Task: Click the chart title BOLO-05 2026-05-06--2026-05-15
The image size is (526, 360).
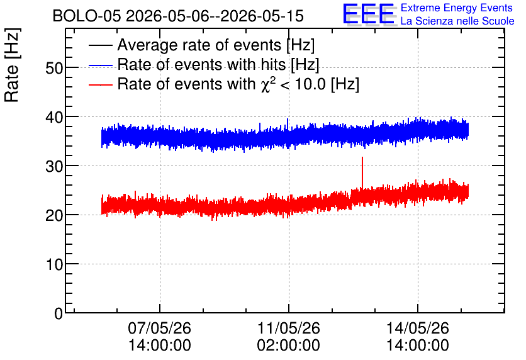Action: tap(178, 16)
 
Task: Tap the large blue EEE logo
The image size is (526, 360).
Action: tap(369, 14)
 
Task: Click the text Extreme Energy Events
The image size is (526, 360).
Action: tap(457, 8)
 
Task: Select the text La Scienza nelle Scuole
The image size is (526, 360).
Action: tap(457, 21)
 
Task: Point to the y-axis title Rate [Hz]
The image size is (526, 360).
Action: tap(12, 65)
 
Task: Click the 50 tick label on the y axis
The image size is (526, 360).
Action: tap(54, 68)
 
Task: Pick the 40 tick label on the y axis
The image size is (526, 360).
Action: tap(54, 117)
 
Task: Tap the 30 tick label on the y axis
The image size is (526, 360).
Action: tap(54, 166)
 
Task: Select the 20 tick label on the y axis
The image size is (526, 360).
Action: tap(54, 215)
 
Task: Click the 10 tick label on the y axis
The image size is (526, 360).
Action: tap(54, 264)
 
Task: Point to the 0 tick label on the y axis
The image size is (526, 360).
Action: tap(59, 313)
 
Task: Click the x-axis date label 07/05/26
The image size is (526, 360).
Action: tap(159, 328)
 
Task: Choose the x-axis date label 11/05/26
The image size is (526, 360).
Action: tap(289, 328)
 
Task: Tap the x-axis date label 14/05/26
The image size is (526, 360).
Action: tap(418, 328)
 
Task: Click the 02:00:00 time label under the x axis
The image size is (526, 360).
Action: tap(289, 345)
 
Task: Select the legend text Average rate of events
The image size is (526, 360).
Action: tap(199, 45)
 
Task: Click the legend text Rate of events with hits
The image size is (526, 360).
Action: tap(201, 64)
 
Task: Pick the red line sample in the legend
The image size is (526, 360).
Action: tap(101, 85)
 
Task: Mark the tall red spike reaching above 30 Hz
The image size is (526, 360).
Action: tap(362, 173)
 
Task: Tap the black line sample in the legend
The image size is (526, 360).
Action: tap(101, 45)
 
